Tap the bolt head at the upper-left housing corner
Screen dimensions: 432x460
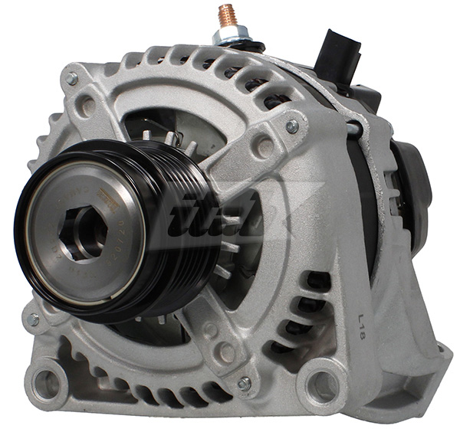pyautogui.click(x=71, y=78)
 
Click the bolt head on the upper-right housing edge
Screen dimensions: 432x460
pyautogui.click(x=292, y=126)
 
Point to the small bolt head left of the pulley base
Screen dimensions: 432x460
pyautogui.click(x=33, y=319)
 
